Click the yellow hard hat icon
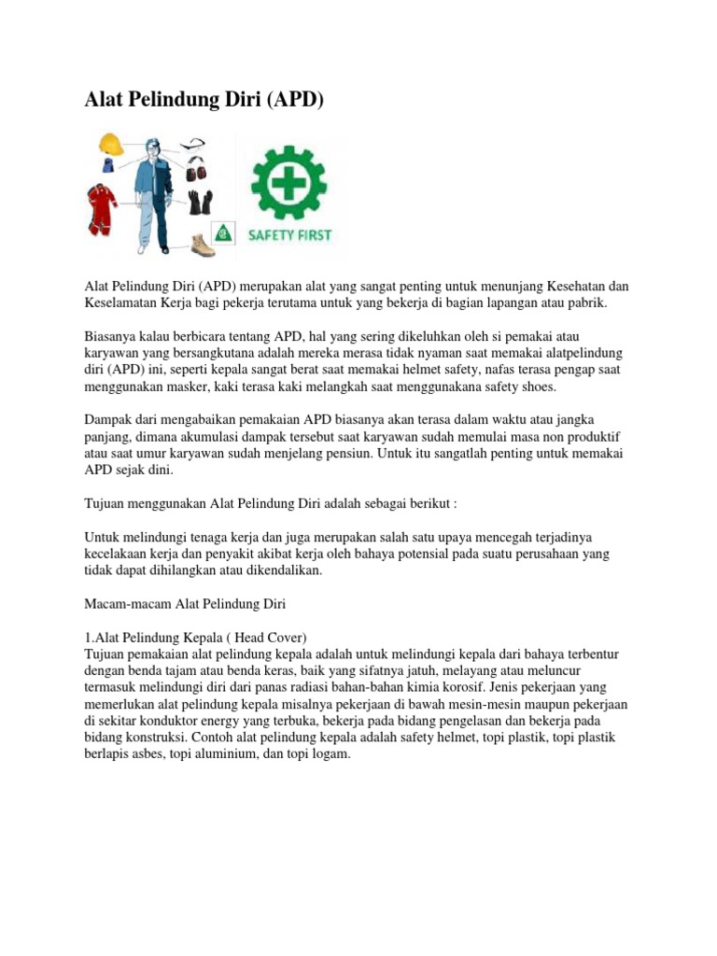[111, 144]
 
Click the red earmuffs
[195, 171]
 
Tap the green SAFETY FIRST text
[289, 235]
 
